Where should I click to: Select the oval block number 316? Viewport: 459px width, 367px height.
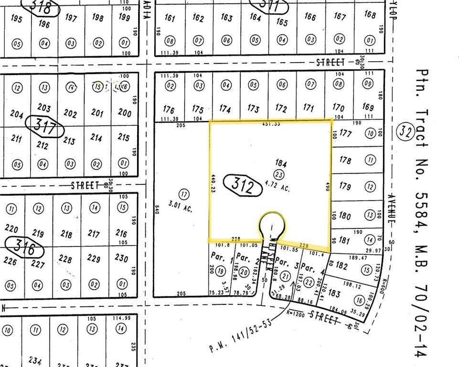click(24, 249)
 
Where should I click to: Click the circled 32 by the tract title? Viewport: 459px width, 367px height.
click(406, 130)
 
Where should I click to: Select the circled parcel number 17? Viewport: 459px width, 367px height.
click(183, 194)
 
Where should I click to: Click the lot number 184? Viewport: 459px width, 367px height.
click(280, 163)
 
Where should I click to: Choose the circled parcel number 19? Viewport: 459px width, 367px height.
click(220, 271)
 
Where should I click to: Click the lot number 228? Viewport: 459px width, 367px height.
click(65, 259)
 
